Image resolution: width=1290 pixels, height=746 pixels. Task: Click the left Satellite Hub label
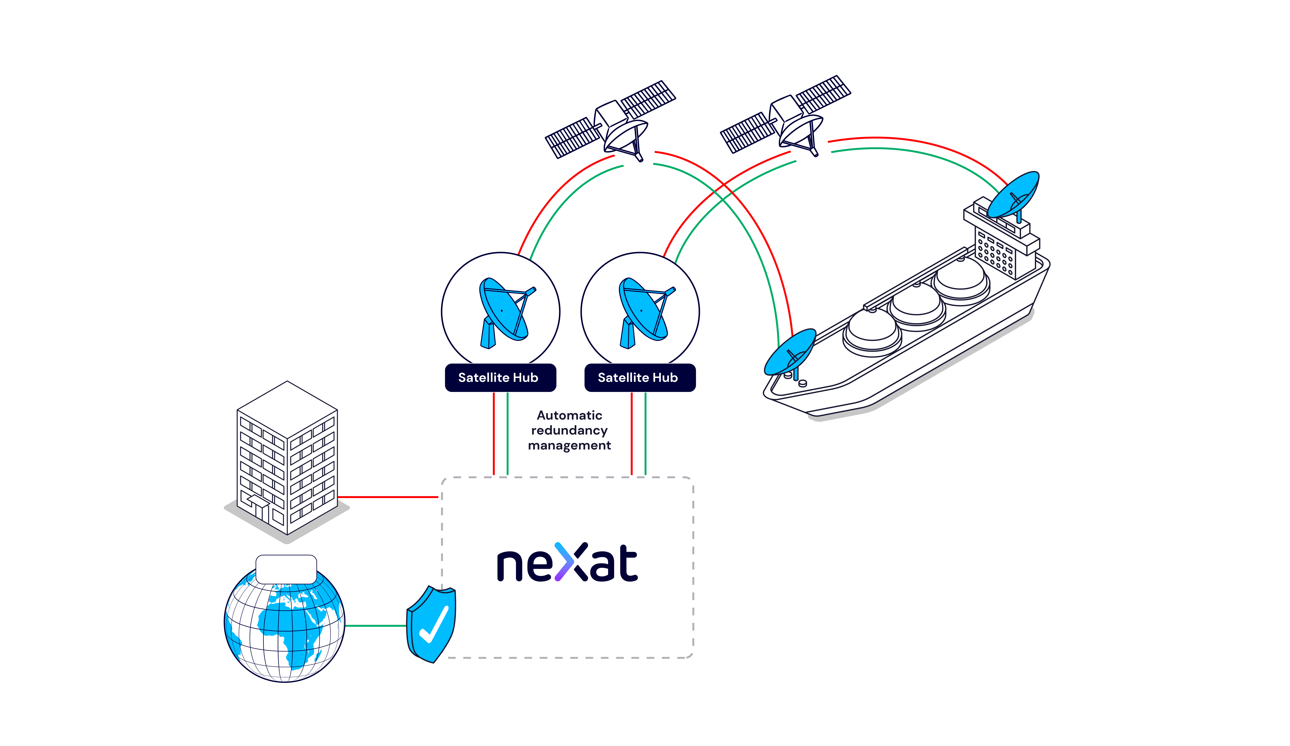click(500, 378)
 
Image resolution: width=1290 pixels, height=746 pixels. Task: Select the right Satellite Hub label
click(640, 378)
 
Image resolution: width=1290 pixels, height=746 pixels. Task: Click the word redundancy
click(569, 430)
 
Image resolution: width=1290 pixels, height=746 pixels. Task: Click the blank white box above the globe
click(286, 569)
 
